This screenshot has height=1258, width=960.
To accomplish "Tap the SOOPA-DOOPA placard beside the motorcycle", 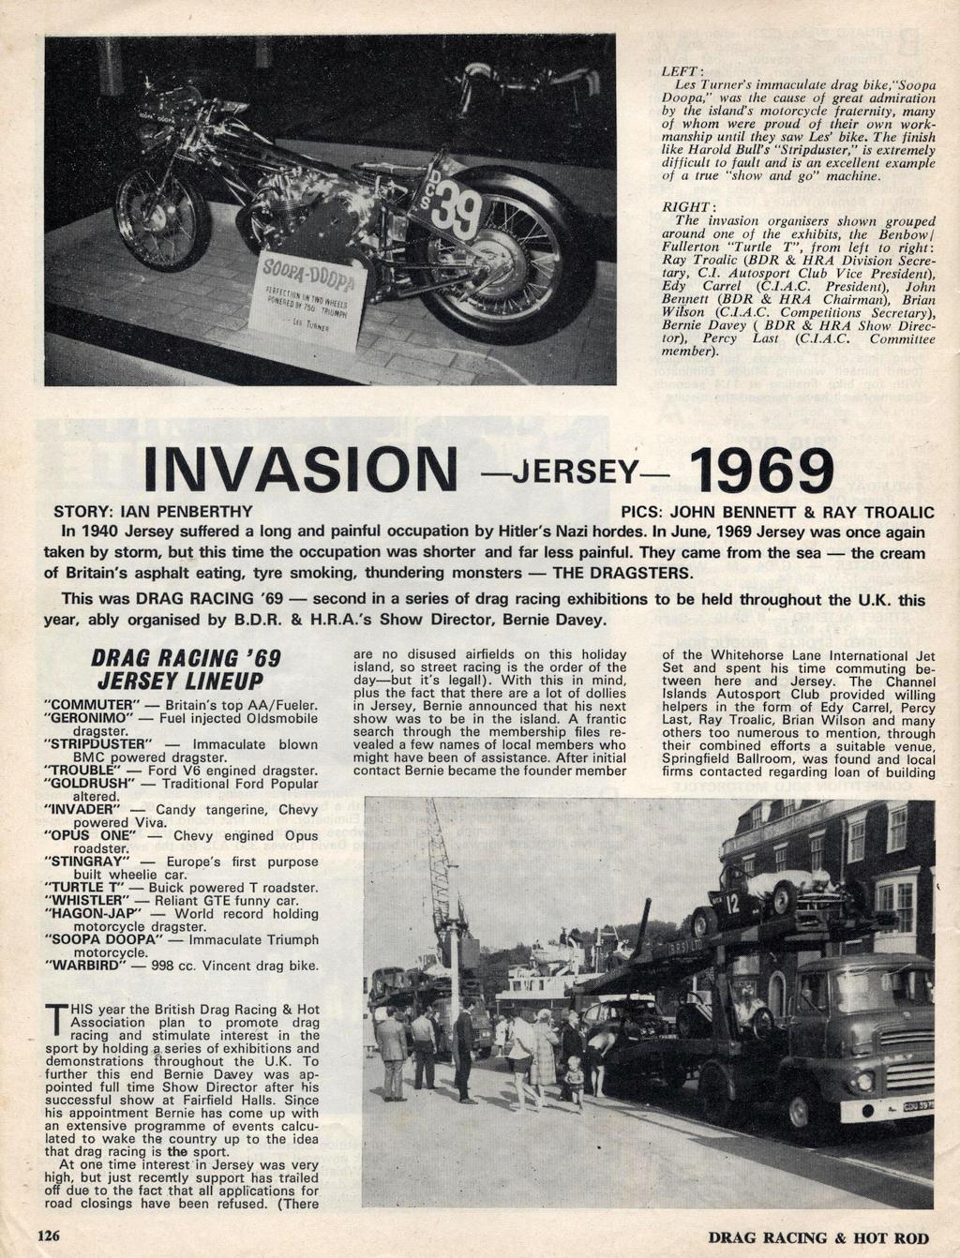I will (x=310, y=299).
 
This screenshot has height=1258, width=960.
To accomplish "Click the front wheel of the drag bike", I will (x=161, y=217).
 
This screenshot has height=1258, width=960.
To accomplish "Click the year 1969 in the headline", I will (x=760, y=472).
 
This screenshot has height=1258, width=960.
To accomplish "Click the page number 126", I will (x=48, y=1236).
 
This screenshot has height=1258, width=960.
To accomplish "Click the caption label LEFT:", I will (x=677, y=71).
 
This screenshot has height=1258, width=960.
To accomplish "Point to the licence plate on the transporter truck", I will (x=905, y=1107).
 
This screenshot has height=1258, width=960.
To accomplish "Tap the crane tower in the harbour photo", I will (x=442, y=881).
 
